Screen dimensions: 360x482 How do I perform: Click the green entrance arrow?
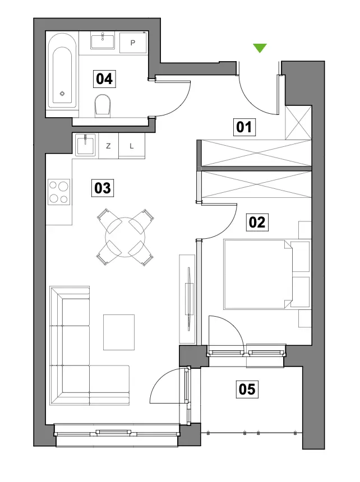(260, 48)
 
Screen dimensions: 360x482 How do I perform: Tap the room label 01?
(244, 127)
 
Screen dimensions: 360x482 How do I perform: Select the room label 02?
(257, 223)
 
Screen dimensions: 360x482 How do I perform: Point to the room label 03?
(103, 188)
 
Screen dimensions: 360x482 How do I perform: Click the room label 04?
(104, 79)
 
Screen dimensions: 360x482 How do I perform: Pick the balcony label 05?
(247, 389)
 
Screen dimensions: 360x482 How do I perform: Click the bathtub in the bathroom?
(62, 71)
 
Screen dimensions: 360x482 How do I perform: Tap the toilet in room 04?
(103, 105)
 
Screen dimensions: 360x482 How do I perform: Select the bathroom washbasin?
(103, 41)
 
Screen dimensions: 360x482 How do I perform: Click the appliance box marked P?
(133, 43)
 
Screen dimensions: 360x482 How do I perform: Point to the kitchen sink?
(85, 145)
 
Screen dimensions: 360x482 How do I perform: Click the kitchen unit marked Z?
(108, 146)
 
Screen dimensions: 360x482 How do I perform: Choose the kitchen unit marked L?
(132, 146)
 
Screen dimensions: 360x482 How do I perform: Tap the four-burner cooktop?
(59, 192)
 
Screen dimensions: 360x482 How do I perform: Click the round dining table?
(125, 237)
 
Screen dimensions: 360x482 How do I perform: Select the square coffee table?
(119, 332)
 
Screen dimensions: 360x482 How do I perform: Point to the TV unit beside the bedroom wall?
(187, 299)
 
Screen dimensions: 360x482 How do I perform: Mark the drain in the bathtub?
(62, 94)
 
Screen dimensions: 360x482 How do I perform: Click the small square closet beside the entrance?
(298, 123)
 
